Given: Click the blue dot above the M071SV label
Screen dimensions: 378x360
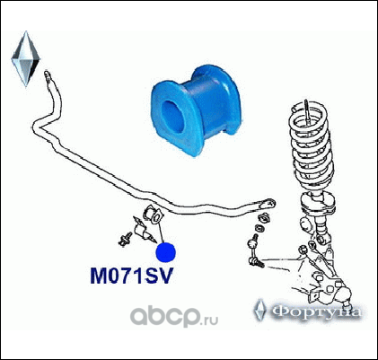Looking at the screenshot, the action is [166, 252].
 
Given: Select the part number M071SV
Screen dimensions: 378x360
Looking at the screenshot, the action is [132, 276].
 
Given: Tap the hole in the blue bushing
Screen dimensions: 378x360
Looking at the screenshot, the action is [172, 117].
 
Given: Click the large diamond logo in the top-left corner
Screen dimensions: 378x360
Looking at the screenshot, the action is [26, 58].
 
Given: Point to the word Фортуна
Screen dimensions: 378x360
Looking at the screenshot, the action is [317, 312].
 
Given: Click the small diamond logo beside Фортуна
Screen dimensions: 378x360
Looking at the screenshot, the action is [260, 310].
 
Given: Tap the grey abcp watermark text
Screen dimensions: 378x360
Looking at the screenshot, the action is [165, 317].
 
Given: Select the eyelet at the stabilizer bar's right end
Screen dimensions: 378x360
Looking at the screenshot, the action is [268, 204].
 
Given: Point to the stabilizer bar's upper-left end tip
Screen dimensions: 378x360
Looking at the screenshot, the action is [47, 74].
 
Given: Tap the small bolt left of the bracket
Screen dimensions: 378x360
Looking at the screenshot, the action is [125, 239].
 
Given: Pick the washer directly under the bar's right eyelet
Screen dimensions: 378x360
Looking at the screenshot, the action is [264, 218].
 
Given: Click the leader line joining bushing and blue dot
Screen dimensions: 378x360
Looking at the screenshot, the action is [160, 230].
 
